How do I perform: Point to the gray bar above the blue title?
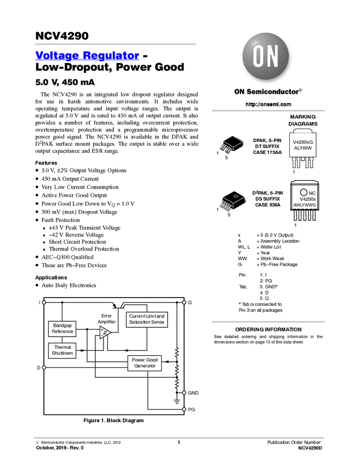click(x=115, y=44)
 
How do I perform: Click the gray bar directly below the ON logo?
click(x=268, y=111)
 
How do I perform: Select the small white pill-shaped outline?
click(x=303, y=132)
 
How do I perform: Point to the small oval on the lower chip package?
click(x=235, y=196)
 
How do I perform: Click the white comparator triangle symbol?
click(x=105, y=333)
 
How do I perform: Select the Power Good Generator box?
click(x=145, y=363)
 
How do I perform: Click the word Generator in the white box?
click(x=145, y=366)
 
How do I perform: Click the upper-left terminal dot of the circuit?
click(x=43, y=302)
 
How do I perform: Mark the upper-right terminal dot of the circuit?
click(x=184, y=302)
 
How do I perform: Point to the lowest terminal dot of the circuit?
click(x=184, y=409)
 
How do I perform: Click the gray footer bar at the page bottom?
click(x=179, y=437)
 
